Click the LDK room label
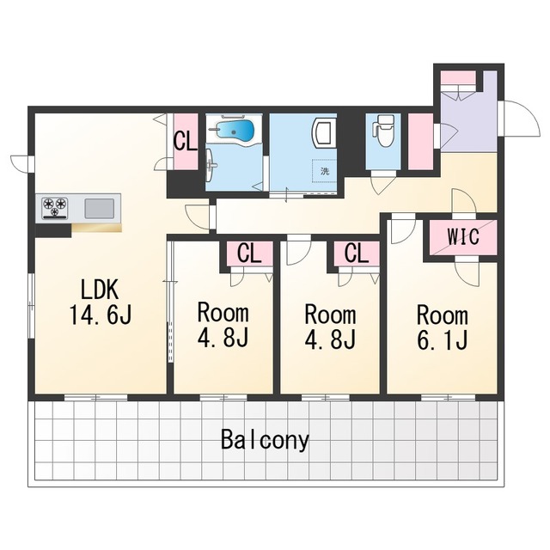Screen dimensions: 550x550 pos(100,290)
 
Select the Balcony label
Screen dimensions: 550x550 pos(265,440)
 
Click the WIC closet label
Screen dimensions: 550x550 pos(463,236)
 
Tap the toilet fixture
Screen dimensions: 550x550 pos(382,130)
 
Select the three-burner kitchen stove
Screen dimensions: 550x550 pos(55,208)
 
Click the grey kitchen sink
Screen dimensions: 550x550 pos(100,208)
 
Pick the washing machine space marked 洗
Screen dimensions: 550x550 pos(325,171)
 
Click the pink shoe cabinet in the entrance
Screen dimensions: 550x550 pos(458,77)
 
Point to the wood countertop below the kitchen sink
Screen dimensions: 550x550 pos(97,227)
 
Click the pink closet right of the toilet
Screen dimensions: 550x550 pos(420,142)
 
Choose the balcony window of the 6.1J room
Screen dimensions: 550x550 pos(448,397)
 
